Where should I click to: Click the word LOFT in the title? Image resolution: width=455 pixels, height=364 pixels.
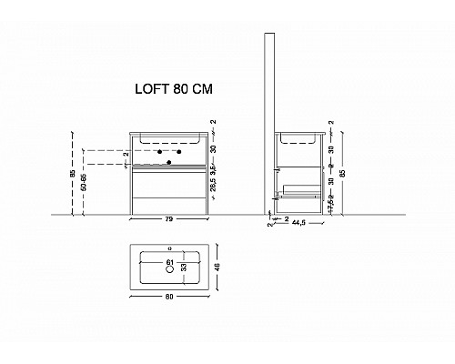[x=151, y=91]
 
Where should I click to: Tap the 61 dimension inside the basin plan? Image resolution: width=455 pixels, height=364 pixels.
[x=169, y=264]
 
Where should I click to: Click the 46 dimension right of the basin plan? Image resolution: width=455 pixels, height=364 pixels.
[x=217, y=268]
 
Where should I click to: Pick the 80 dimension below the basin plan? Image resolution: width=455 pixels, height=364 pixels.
[x=169, y=297]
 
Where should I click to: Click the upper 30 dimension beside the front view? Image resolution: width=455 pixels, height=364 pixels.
[x=212, y=149]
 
